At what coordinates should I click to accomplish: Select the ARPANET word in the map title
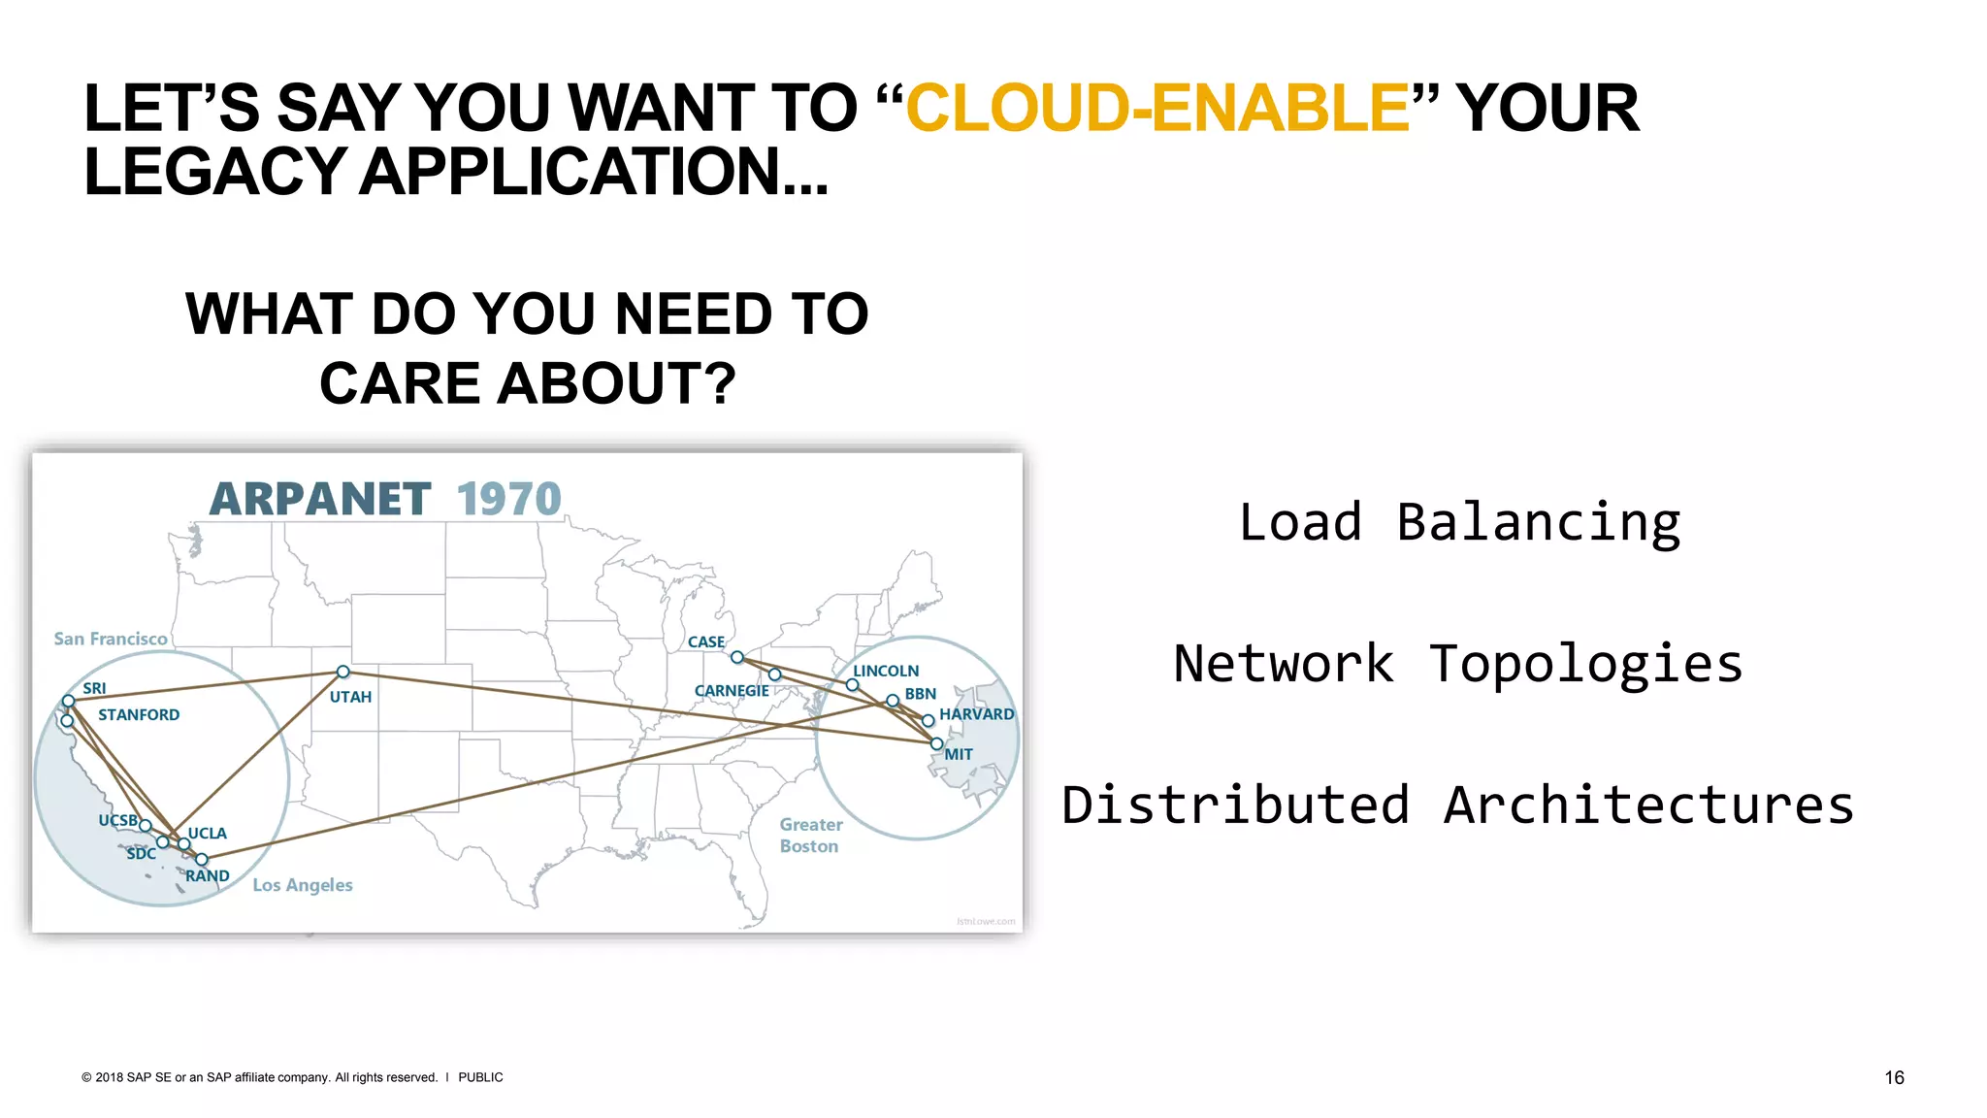click(320, 500)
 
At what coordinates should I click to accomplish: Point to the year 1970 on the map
click(508, 500)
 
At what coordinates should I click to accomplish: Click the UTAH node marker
click(342, 672)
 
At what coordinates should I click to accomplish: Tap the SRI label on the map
click(94, 688)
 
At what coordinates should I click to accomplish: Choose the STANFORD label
click(139, 715)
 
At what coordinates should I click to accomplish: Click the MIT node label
click(959, 754)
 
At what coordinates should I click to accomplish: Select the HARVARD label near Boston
click(976, 714)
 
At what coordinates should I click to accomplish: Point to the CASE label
click(705, 642)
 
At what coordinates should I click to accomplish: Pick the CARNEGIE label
click(732, 691)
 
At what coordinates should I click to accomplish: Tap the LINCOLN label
click(886, 671)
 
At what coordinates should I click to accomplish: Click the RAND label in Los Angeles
click(208, 876)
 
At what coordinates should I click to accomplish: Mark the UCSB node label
click(117, 820)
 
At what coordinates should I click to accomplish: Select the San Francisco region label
click(111, 639)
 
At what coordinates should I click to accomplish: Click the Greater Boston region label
click(810, 836)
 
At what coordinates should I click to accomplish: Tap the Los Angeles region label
click(303, 885)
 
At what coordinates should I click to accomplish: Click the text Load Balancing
click(1459, 523)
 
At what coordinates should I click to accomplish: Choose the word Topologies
click(1585, 665)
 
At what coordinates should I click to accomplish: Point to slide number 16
click(1894, 1077)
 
